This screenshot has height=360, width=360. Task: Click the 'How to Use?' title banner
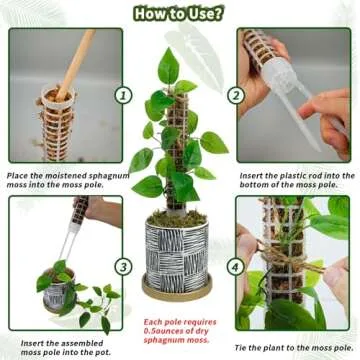coord(180,13)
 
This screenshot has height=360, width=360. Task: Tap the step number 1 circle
coord(123,95)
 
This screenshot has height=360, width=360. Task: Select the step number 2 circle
coord(236,95)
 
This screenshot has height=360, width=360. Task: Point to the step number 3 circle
coord(123,266)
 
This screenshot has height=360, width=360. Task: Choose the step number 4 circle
coord(236,266)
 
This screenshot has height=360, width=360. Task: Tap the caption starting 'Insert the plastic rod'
coord(297,181)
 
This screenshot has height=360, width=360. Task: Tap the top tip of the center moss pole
coord(185,87)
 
